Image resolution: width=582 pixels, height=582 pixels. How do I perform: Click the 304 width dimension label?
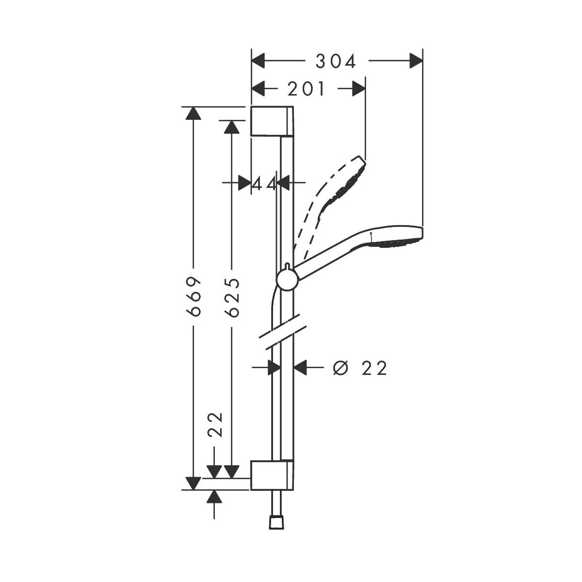tap(336, 62)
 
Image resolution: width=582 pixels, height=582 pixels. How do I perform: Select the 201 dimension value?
tap(307, 89)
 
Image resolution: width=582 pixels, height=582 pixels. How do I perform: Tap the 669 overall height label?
tap(194, 297)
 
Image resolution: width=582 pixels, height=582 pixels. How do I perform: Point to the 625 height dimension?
tap(233, 297)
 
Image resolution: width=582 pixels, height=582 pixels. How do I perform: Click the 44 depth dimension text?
tap(264, 183)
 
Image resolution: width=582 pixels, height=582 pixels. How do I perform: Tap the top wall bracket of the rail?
tap(272, 121)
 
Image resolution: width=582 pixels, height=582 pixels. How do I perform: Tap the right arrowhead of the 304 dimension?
tap(415, 62)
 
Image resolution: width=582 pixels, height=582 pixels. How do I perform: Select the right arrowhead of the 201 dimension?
tap(358, 89)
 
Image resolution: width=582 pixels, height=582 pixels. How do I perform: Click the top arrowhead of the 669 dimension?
tap(194, 113)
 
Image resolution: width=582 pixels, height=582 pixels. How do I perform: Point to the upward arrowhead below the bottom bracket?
tap(214, 497)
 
